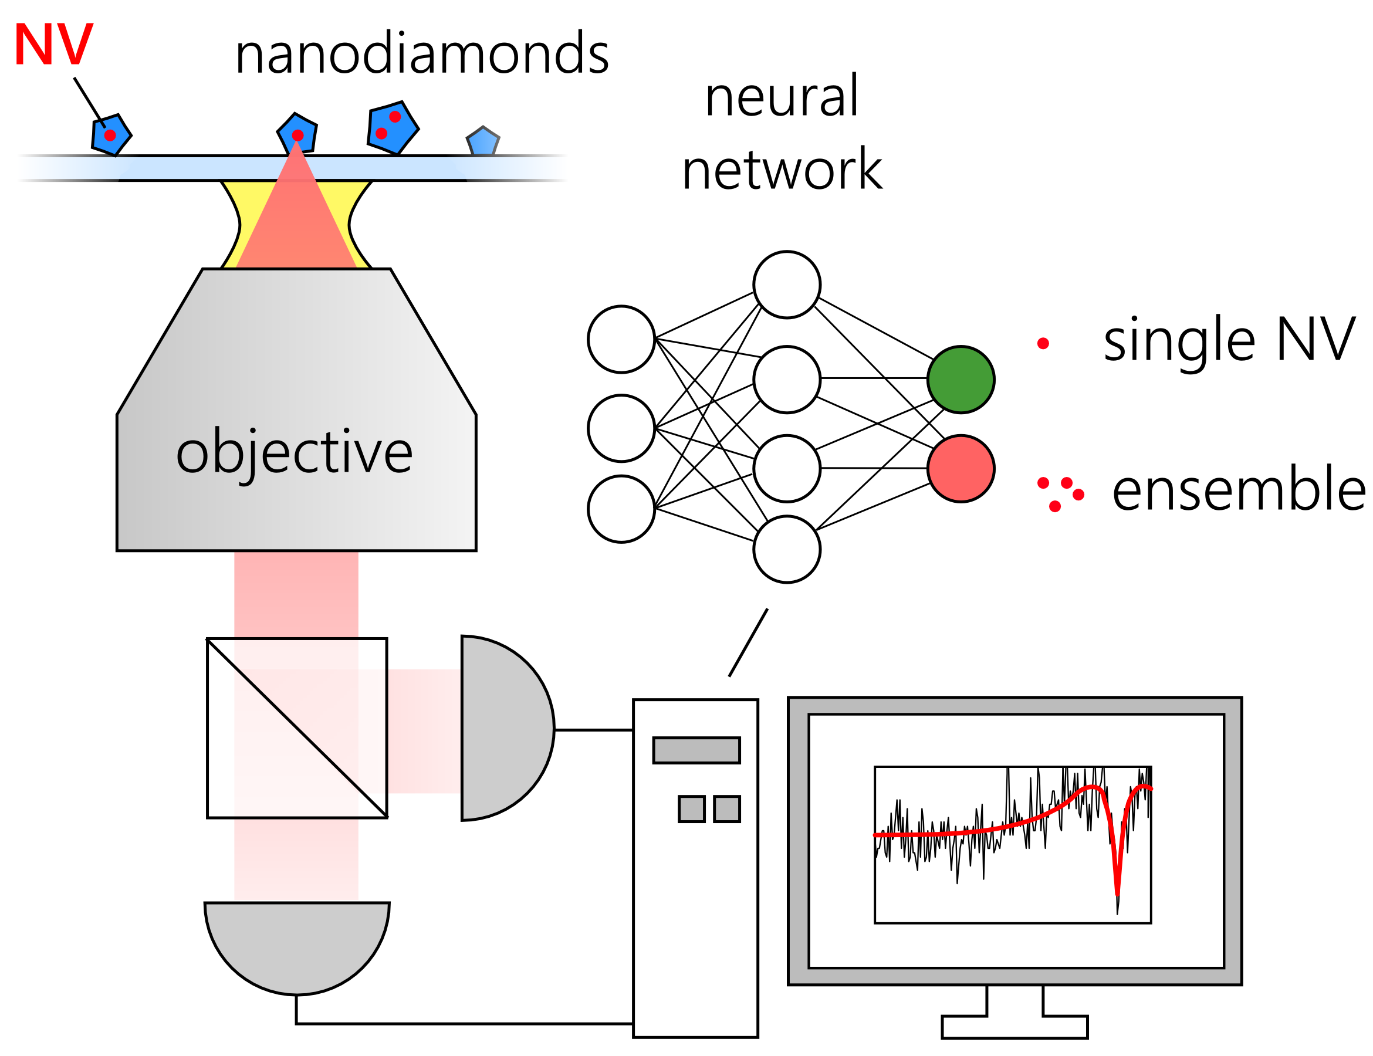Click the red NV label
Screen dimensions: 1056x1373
[53, 44]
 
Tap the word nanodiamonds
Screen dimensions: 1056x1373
[422, 54]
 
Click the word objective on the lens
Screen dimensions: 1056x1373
[294, 452]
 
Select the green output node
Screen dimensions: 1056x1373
[961, 379]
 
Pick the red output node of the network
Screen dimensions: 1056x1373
[961, 468]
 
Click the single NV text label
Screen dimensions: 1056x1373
[1229, 340]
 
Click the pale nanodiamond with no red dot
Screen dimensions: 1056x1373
[483, 142]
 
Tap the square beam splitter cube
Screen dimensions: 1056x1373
[297, 728]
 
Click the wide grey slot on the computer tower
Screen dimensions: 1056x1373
[696, 750]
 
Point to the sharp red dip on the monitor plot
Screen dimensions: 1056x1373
[1117, 880]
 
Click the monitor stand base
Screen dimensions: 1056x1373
[1014, 1027]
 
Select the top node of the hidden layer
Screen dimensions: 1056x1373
[786, 285]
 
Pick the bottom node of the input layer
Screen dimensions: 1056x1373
[621, 509]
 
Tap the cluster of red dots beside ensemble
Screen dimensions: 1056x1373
[1060, 493]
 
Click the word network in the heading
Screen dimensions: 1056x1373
[782, 170]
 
